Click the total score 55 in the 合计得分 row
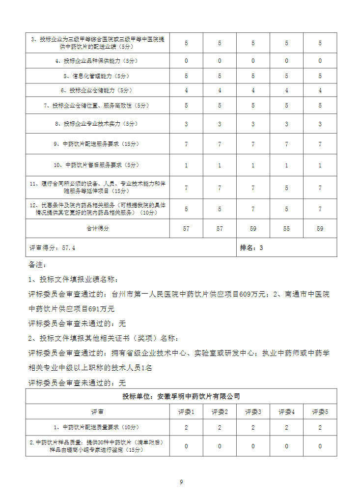[287, 229]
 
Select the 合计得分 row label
[98, 229]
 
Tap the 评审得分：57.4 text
[52, 248]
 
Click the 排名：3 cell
[251, 248]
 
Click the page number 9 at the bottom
[181, 482]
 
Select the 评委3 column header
[253, 411]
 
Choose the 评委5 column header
[320, 411]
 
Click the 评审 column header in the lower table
[98, 411]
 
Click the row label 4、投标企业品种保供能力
[98, 61]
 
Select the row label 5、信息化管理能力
[98, 76]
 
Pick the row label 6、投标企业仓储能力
[98, 91]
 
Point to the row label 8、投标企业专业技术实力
[98, 124]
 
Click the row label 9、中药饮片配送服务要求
[98, 144]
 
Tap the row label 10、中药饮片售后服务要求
[98, 165]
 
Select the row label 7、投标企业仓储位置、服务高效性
[98, 106]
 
